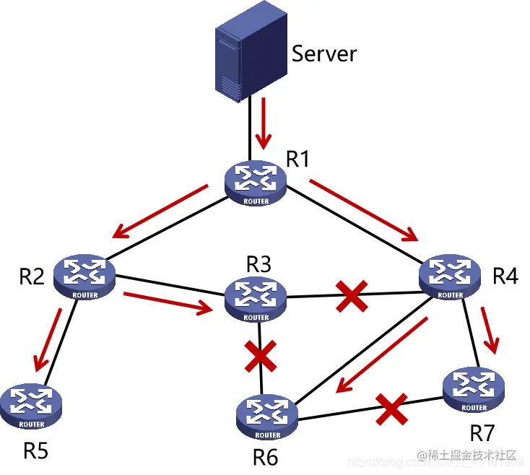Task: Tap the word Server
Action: [324, 53]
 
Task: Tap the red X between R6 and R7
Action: [391, 409]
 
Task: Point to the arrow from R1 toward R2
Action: [160, 211]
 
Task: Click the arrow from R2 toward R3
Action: [170, 302]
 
